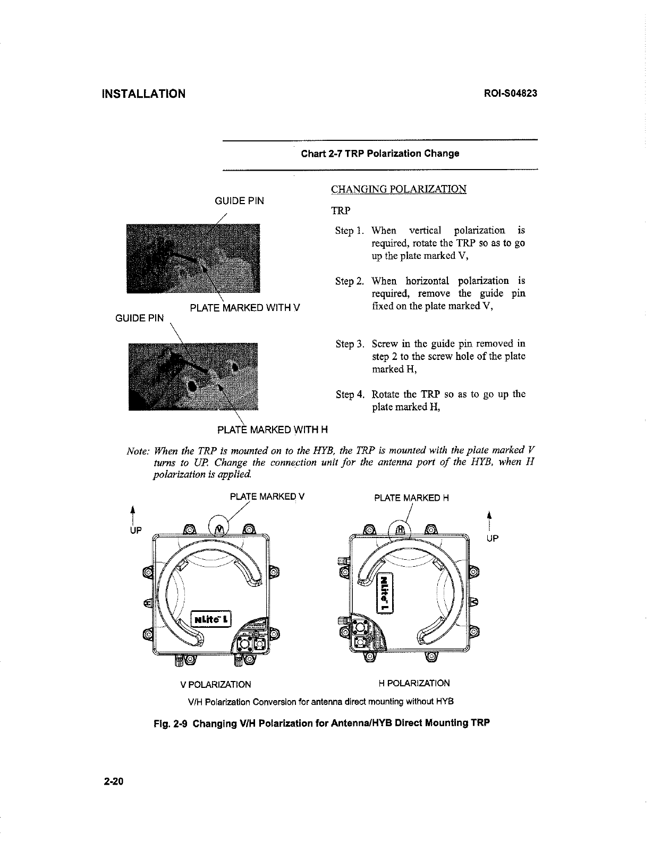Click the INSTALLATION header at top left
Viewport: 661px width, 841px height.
[143, 94]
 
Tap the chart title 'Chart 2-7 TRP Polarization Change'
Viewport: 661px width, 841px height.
[380, 154]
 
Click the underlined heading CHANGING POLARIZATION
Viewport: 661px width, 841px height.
[398, 190]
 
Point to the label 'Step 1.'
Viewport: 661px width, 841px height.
[350, 231]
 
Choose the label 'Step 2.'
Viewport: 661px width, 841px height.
[350, 281]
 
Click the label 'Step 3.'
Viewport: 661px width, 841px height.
[350, 344]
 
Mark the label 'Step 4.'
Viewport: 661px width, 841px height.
[350, 394]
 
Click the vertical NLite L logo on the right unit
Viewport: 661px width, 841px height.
[384, 593]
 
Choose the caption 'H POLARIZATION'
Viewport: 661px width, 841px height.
[414, 683]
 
